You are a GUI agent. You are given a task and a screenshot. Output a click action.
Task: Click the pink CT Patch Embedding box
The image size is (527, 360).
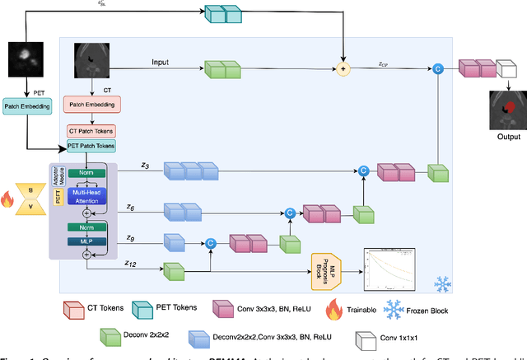[x=91, y=105]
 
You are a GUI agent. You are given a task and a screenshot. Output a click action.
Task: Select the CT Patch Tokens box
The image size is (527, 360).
[x=91, y=131]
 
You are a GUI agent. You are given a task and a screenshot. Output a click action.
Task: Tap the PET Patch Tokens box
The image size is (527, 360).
[x=91, y=146]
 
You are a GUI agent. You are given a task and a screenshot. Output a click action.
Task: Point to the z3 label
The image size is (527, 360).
[x=144, y=166]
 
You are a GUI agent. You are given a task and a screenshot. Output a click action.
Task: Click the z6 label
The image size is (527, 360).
[x=129, y=207]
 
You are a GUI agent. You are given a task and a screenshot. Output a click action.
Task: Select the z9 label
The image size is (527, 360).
[x=129, y=237]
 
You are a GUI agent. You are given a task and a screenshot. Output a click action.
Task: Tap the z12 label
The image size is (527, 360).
[x=131, y=264]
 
